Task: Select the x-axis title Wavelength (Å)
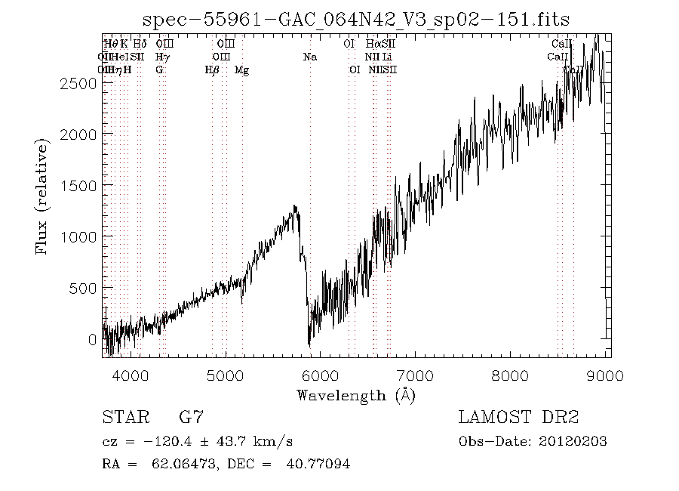(x=356, y=394)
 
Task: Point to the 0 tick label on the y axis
(x=93, y=339)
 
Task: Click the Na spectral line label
(x=310, y=57)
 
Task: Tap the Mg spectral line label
(x=241, y=70)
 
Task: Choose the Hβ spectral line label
(x=212, y=70)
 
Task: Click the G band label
(x=159, y=70)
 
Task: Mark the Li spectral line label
(x=386, y=57)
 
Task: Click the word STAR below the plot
(x=123, y=417)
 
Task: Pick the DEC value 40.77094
(x=318, y=464)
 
